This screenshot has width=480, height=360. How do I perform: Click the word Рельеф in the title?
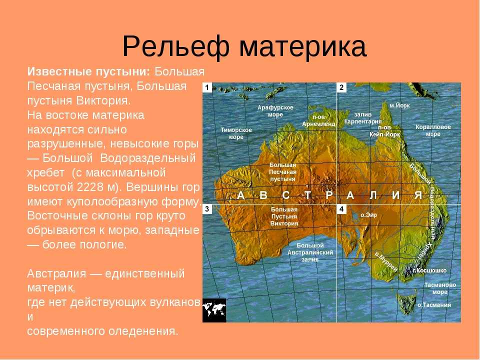coord(175,46)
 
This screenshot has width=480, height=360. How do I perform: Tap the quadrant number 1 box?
coord(207,87)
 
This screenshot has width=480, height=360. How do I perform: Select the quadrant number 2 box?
coord(341,87)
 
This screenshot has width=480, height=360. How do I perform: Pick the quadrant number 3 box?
coord(207,209)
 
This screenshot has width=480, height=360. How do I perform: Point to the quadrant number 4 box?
coord(341,209)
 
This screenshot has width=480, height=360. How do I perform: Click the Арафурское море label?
coord(275,111)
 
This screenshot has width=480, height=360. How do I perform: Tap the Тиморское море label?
coord(236,133)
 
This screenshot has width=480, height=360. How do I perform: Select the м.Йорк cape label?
coord(399,105)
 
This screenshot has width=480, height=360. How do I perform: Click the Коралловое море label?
coord(433,130)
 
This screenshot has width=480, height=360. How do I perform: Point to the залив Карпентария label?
coord(363,118)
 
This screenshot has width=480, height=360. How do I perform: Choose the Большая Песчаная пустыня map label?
coord(282,172)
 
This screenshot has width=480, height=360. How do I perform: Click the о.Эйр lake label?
coord(368,215)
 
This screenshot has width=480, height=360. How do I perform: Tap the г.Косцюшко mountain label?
coord(429,270)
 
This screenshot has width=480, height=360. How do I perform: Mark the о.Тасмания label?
coord(434,305)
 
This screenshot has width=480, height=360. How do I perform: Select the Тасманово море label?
coord(440,288)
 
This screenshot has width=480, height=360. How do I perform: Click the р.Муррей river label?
coord(386,261)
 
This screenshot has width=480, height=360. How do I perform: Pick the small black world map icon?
coord(214,310)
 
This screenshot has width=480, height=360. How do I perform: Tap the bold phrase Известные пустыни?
coord(89,72)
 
